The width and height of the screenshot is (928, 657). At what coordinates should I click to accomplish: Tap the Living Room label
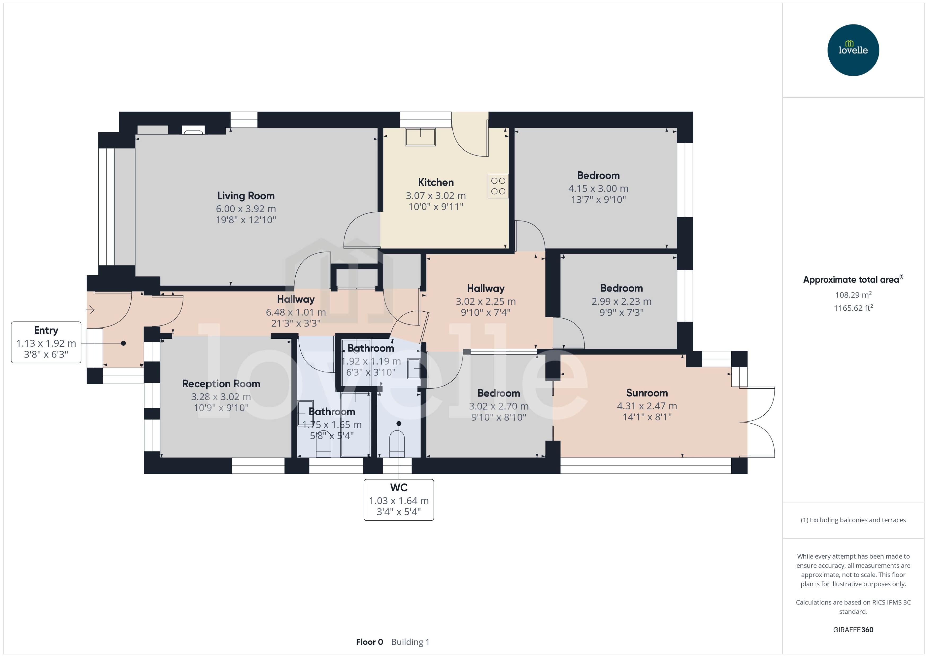(246, 196)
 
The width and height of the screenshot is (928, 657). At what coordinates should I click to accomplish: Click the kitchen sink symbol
(420, 137)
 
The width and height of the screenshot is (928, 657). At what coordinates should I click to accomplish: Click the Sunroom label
(647, 393)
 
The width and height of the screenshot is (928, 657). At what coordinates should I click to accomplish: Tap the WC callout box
(399, 500)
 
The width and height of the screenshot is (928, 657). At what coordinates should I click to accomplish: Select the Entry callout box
(46, 342)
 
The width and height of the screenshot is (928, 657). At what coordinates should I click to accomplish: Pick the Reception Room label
(221, 384)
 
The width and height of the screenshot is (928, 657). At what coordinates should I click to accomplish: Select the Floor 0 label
(369, 642)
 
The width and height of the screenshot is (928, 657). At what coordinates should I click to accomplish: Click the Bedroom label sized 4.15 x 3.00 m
(598, 176)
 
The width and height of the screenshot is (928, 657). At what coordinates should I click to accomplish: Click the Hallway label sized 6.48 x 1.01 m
(296, 299)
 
